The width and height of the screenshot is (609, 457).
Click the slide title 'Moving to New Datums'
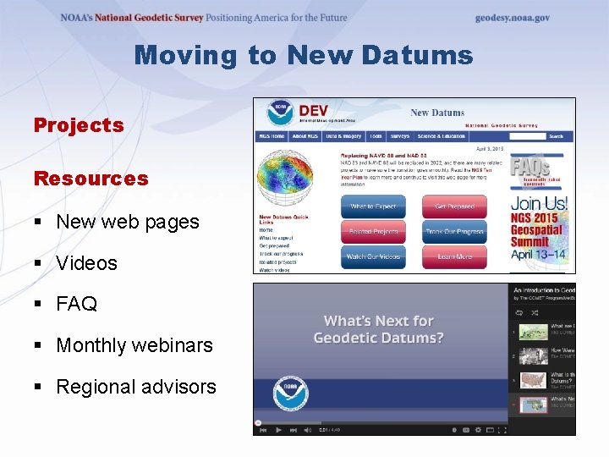304,56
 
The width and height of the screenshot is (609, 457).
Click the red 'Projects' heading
79,125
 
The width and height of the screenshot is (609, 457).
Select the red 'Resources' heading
91,179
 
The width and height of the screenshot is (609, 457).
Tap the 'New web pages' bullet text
127,222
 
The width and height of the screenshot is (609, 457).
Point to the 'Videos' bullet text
86,263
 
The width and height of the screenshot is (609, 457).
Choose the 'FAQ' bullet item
76,304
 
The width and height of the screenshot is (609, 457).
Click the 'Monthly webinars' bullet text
134,345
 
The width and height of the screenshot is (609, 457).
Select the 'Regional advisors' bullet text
135,387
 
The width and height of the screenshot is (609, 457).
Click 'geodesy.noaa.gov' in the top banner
512,18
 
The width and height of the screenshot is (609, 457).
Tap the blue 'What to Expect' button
373,206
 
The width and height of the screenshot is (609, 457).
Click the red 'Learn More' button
455,256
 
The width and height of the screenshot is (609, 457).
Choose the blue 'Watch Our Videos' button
373,256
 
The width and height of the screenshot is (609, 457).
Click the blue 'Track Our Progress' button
455,231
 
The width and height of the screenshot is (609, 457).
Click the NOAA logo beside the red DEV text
277,113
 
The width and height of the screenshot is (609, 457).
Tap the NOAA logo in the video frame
290,394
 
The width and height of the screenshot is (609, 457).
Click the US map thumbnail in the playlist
534,381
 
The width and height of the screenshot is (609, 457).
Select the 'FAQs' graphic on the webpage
531,168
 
